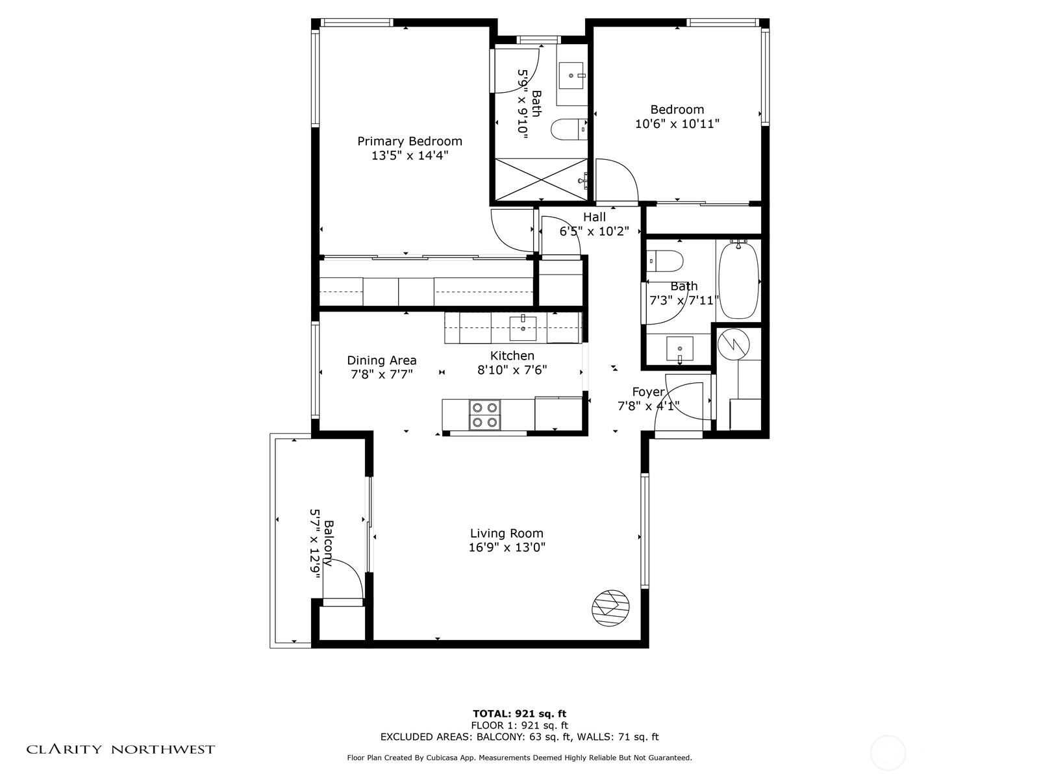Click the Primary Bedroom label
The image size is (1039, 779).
pos(410,142)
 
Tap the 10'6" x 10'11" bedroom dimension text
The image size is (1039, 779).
pos(677,124)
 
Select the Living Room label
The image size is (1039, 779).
pos(507,534)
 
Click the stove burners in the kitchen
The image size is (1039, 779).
pos(484,415)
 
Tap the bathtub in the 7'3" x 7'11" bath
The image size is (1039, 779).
pos(738,280)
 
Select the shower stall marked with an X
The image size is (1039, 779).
pos(541,180)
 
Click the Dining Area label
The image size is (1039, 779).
pos(382,360)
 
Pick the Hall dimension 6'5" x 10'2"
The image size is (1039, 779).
pos(594,231)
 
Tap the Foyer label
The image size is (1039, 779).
pos(649,392)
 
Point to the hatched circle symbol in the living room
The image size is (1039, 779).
pos(611,608)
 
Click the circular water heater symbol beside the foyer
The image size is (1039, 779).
pos(733,344)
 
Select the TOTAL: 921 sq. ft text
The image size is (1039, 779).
pos(519,713)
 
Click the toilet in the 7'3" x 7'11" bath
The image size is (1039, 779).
pos(665,261)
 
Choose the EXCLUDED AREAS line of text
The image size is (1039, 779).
pos(519,736)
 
